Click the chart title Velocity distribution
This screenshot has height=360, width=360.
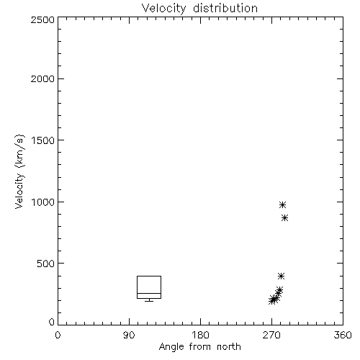click(x=199, y=8)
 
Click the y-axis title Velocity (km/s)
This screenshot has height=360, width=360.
click(x=19, y=171)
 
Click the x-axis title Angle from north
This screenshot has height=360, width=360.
click(x=199, y=347)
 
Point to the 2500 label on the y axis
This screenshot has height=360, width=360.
click(x=42, y=19)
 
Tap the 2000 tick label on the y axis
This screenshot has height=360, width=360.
click(x=42, y=78)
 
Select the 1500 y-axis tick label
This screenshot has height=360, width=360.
click(x=43, y=140)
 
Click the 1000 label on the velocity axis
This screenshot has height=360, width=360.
click(x=43, y=202)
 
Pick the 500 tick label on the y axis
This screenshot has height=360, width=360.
click(x=46, y=264)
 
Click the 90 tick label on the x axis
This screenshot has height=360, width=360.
click(x=129, y=335)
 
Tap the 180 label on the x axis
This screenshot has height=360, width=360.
click(x=200, y=335)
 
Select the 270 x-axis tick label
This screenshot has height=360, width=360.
click(x=271, y=335)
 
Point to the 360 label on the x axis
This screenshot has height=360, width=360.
click(x=343, y=335)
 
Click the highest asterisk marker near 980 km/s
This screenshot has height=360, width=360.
click(x=282, y=204)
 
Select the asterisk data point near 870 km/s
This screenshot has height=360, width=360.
click(x=284, y=218)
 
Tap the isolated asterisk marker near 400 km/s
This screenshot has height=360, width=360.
click(x=281, y=276)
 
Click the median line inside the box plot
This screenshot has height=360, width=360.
click(x=149, y=293)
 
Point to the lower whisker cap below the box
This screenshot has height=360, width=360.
click(x=149, y=301)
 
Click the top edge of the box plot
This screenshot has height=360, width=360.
click(x=149, y=276)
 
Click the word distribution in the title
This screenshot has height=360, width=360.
click(x=225, y=8)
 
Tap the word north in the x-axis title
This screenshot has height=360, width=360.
click(x=229, y=347)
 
